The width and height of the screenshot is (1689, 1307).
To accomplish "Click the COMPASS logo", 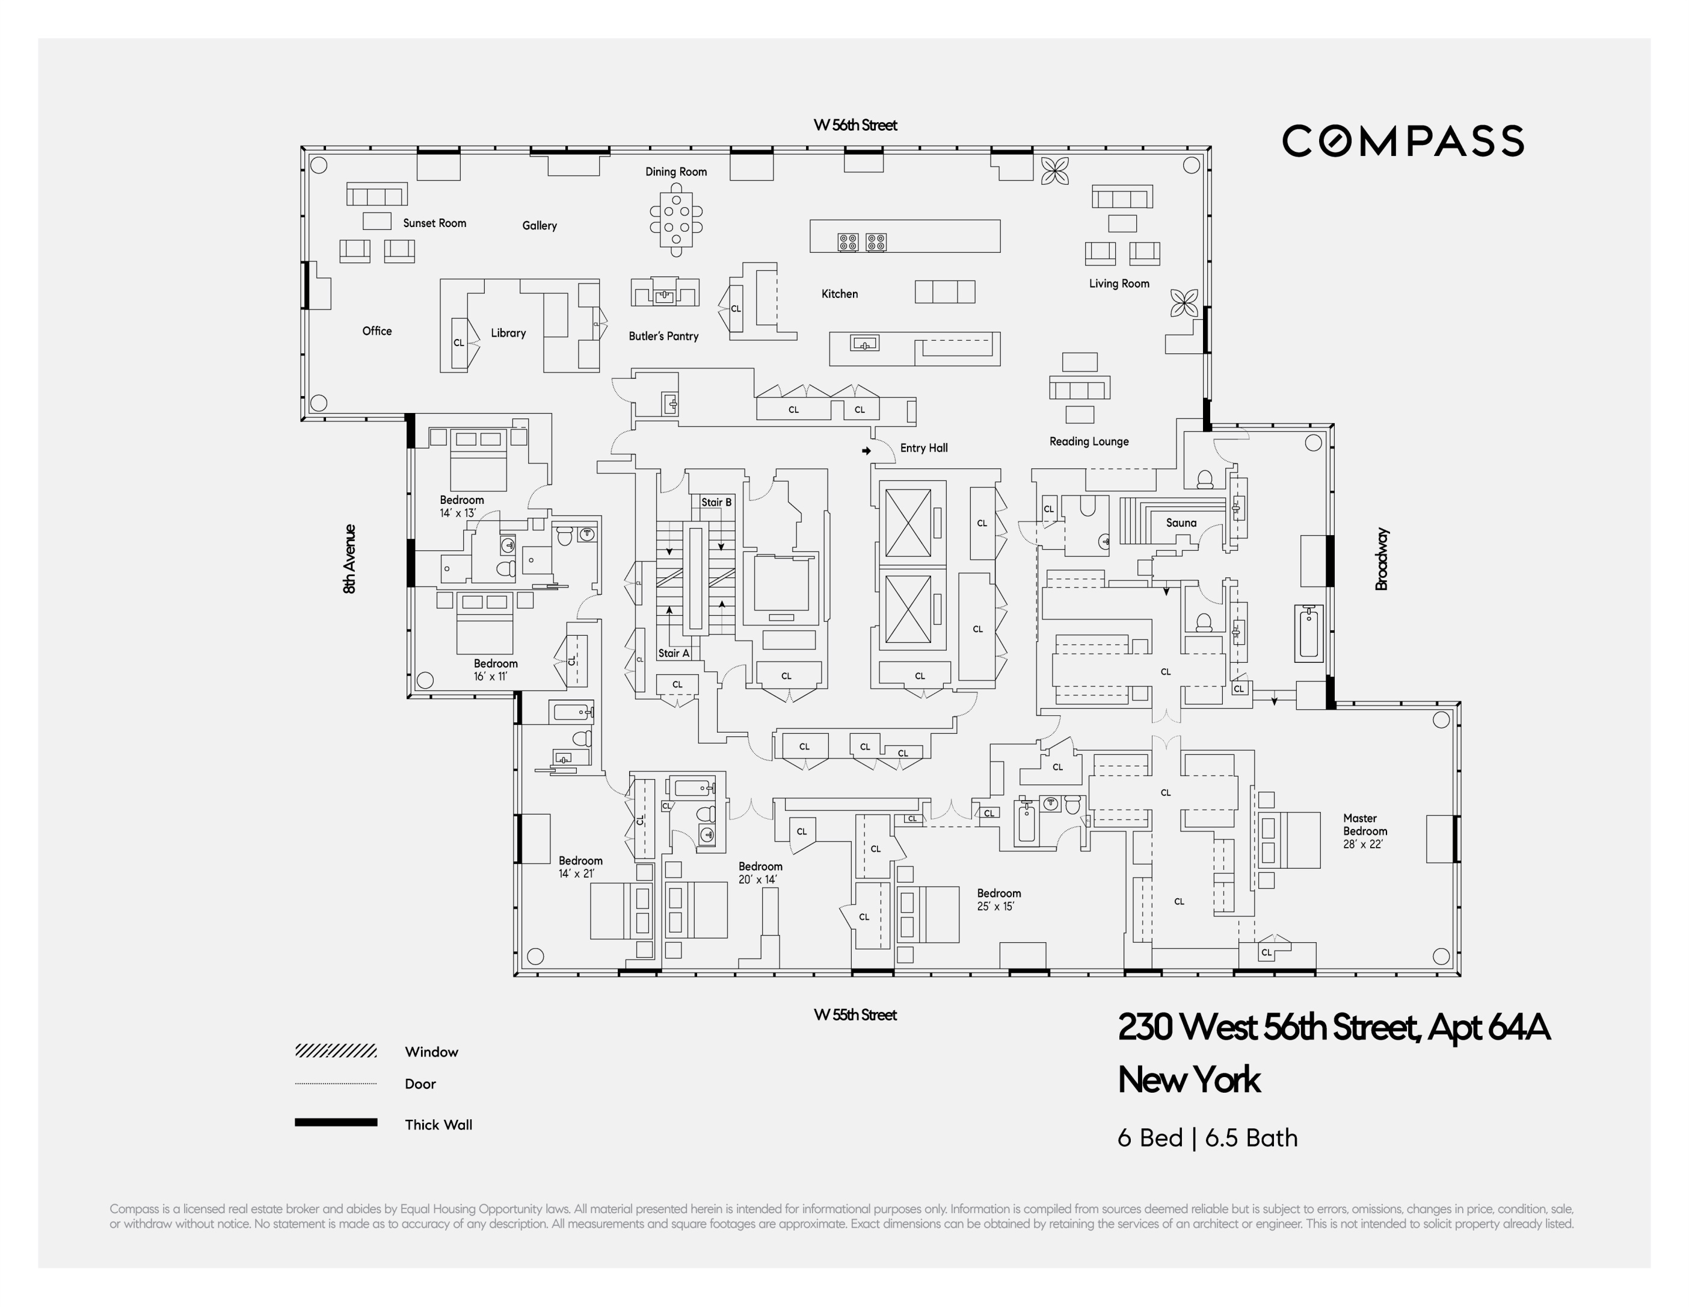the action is tap(1403, 141).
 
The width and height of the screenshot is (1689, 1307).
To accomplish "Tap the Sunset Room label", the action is tap(435, 223).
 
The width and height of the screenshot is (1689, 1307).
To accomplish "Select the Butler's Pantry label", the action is tap(663, 336).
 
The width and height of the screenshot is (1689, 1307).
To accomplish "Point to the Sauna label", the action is tap(1181, 523).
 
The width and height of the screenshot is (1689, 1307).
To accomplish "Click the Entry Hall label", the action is tap(923, 448).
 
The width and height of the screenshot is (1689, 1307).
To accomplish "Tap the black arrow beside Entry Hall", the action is tap(866, 450).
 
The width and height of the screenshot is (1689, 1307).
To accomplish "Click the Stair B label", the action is tap(716, 502).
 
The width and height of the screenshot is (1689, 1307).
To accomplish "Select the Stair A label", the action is tap(674, 653).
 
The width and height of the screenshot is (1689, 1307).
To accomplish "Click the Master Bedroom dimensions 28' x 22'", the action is tap(1362, 844).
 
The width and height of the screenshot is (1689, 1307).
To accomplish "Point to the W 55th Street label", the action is tap(855, 1014).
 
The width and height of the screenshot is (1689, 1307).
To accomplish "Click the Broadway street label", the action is tap(1382, 559).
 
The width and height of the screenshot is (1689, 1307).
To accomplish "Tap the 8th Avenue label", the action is tap(349, 559).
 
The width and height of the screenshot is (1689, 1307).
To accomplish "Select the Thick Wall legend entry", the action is tap(438, 1125).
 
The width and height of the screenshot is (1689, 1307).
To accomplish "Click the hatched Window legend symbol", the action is tap(336, 1051).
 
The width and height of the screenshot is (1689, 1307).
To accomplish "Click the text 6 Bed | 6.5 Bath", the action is tap(1207, 1138).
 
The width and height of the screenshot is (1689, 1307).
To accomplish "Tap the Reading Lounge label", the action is tap(1089, 442).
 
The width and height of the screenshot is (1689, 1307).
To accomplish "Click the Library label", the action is tap(508, 334).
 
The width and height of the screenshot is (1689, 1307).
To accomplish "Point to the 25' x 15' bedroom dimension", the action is tap(995, 906).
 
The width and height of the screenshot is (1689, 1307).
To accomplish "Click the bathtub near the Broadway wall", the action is tap(1308, 633).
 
